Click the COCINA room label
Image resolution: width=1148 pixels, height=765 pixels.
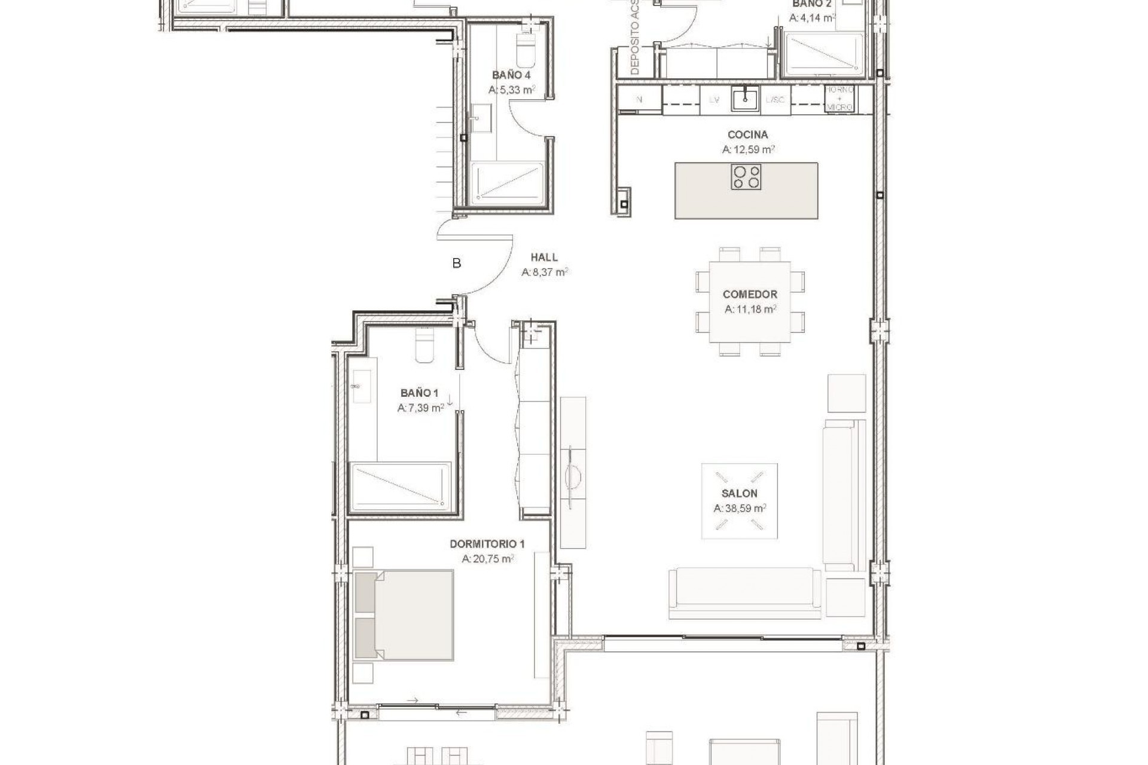coord(747,135)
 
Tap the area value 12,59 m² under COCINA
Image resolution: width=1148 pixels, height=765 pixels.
coord(748,149)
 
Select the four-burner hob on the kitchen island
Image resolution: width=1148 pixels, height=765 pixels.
coord(746,177)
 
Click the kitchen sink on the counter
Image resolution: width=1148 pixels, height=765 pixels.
coord(745,99)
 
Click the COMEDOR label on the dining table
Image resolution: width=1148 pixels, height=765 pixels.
coord(750,295)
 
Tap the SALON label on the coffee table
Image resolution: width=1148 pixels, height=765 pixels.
coord(739,494)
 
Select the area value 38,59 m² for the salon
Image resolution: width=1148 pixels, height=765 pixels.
coord(740,509)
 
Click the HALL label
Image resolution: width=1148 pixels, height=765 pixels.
coord(544,258)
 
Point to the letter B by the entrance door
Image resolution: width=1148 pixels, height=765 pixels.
coord(457,264)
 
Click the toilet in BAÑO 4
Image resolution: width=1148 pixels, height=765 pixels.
coord(527,50)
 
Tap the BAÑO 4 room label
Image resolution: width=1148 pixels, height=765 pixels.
coord(511,75)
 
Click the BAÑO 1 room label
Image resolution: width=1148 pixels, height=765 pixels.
coord(419,393)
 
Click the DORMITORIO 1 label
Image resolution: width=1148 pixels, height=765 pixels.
coord(487,544)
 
